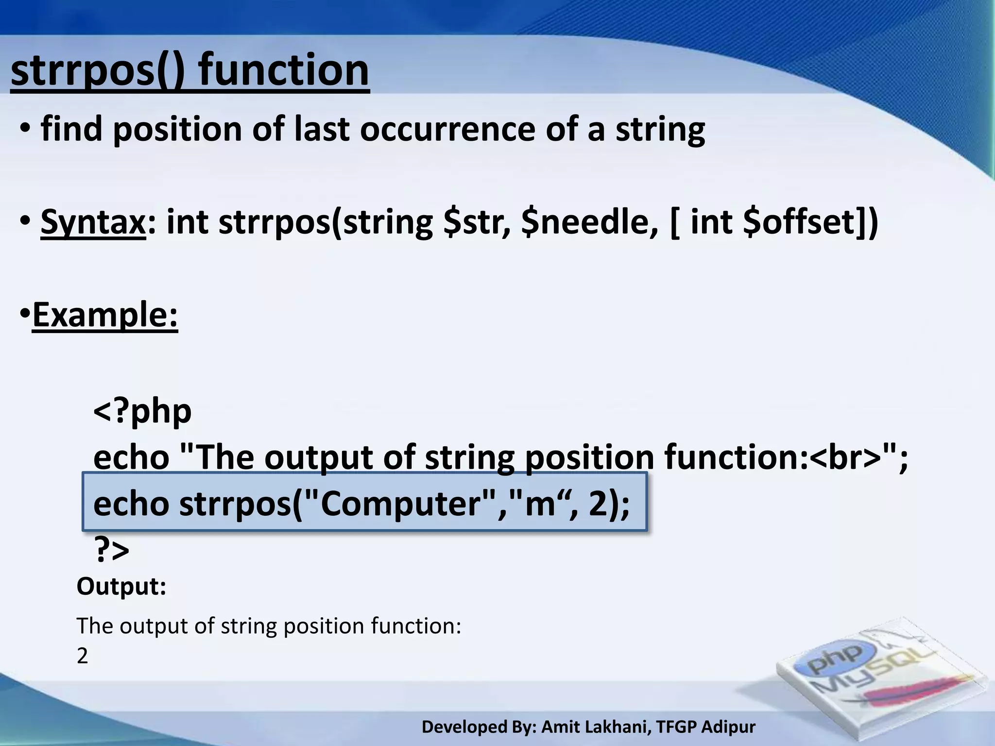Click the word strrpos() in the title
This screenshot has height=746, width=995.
click(97, 71)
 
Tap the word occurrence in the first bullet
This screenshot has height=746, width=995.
click(447, 130)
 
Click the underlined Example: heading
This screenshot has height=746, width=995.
click(105, 315)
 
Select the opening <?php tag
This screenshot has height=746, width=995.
click(142, 411)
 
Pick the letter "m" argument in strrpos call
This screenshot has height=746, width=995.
click(540, 504)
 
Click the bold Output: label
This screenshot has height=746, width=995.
click(121, 586)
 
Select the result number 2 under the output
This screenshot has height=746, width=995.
click(83, 656)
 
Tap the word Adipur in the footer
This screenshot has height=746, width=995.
click(728, 727)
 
